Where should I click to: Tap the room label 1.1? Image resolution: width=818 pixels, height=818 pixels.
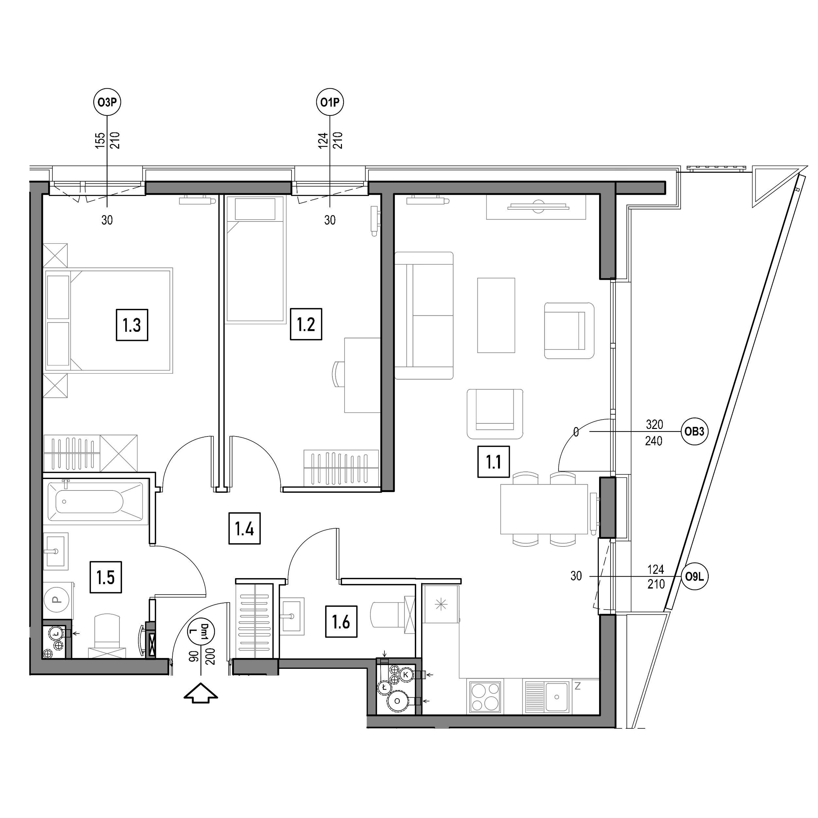pyautogui.click(x=494, y=461)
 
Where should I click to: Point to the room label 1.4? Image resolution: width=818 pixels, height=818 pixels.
pyautogui.click(x=245, y=528)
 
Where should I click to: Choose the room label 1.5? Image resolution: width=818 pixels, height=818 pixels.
pyautogui.click(x=106, y=577)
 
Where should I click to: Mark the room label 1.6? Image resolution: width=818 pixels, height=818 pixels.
pyautogui.click(x=341, y=622)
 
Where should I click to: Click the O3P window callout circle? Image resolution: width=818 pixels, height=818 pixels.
pyautogui.click(x=107, y=102)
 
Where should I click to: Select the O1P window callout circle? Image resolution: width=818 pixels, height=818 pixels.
pyautogui.click(x=330, y=102)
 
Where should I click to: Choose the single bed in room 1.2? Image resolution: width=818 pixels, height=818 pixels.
pyautogui.click(x=255, y=259)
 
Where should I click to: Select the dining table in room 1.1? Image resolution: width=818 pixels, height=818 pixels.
pyautogui.click(x=544, y=509)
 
